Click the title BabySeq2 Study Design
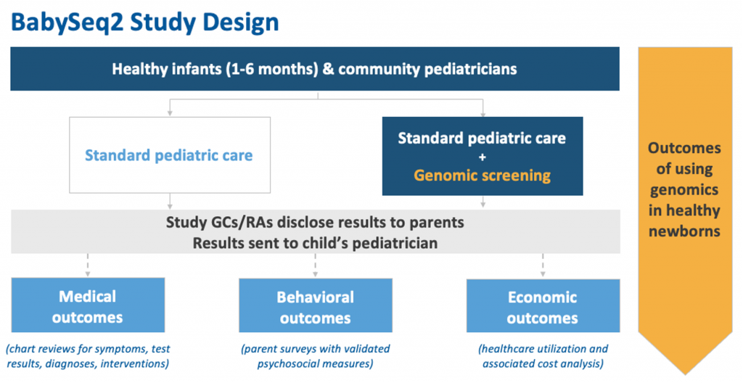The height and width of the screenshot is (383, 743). [144, 22]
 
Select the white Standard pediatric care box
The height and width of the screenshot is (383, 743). [170, 155]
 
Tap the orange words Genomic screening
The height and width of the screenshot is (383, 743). [483, 176]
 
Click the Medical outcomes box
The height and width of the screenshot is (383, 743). [88, 305]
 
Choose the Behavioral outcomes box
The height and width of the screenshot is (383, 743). [315, 305]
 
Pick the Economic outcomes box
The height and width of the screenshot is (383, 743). [543, 305]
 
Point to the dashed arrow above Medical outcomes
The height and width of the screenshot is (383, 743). [88, 265]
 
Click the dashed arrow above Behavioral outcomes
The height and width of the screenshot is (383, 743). [315, 265]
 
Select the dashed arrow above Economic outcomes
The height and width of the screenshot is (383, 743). [543, 265]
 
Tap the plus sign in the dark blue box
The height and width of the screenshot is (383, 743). [483, 157]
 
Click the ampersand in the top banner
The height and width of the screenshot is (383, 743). [327, 69]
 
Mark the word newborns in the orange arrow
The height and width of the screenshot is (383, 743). [684, 231]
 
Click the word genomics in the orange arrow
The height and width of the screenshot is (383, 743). [684, 191]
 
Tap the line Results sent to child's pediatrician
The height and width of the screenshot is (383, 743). [315, 243]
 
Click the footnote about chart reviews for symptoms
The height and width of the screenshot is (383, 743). [88, 356]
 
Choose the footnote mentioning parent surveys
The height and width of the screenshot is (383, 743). [315, 356]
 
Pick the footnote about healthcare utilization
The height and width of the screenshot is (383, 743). [543, 356]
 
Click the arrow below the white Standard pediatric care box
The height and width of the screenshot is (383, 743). [170, 201]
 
